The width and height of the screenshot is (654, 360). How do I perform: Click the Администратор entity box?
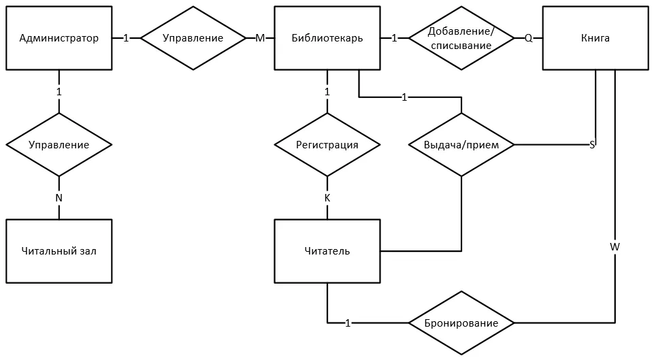59,38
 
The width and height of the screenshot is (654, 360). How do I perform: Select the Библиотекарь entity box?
327,38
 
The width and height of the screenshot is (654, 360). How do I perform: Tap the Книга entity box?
595,38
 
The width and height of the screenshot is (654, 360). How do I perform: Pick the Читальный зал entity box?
59,251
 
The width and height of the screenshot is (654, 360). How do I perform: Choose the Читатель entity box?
327,251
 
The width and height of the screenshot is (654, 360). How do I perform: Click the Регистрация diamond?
327,145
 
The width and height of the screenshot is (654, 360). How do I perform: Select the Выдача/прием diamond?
461,145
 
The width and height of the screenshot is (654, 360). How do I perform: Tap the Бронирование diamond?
461,323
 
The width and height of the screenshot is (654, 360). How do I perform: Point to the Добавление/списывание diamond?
461,38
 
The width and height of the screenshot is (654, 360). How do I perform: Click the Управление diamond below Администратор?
59,145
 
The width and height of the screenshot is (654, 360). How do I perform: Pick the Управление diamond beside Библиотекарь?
193,38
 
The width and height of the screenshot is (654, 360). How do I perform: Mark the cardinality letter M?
260,38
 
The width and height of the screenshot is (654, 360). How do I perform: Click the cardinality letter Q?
529,38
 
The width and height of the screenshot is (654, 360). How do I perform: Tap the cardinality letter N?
59,198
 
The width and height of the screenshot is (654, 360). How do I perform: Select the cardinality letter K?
327,198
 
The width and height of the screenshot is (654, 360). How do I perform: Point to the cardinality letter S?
592,145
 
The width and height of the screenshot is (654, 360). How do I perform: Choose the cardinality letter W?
615,247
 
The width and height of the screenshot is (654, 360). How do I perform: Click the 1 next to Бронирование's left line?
348,323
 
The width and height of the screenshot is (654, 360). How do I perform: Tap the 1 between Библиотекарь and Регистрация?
327,91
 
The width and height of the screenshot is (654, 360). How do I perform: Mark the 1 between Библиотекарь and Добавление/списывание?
394,38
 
